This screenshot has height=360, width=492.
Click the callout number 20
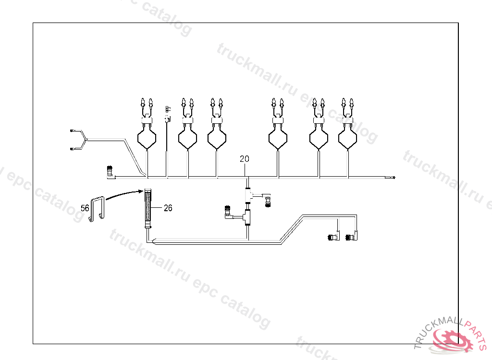pyautogui.click(x=245, y=159)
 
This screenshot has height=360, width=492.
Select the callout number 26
pyautogui.click(x=168, y=208)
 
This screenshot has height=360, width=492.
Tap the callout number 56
pyautogui.click(x=85, y=208)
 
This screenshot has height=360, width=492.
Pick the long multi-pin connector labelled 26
pyautogui.click(x=148, y=206)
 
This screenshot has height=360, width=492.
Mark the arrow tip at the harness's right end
pyautogui.click(x=394, y=178)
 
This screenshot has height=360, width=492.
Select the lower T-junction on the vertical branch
pyautogui.click(x=247, y=217)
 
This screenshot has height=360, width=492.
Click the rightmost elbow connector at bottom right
pyautogui.click(x=357, y=236)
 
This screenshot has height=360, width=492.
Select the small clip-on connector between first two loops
pyautogui.click(x=167, y=115)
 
